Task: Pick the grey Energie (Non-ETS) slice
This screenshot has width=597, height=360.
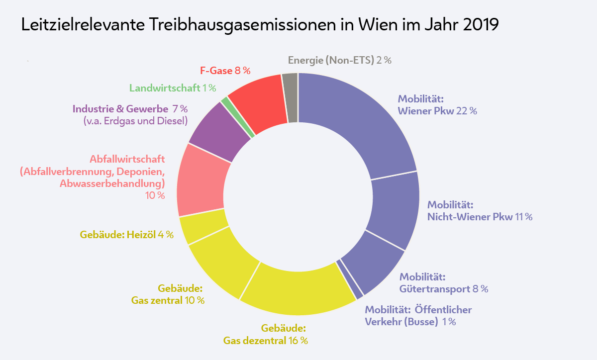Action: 291,97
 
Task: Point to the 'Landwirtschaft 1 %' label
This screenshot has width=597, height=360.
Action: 172,88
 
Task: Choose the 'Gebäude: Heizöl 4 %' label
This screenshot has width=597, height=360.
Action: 126,235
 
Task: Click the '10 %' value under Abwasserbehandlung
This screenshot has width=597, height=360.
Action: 155,196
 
